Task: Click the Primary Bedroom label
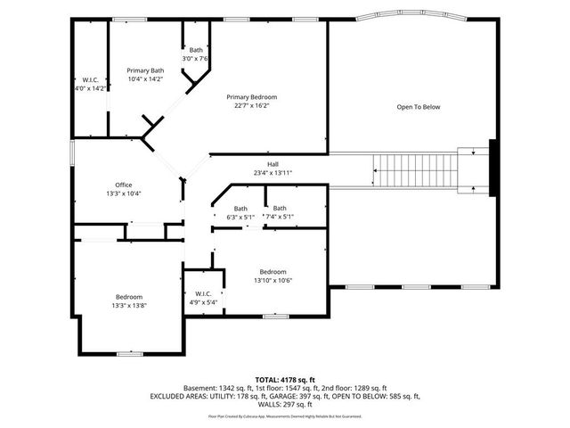click(x=251, y=96)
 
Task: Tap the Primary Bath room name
click(x=144, y=70)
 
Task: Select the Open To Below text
click(x=418, y=107)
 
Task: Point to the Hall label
click(x=273, y=164)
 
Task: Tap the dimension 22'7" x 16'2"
click(x=251, y=105)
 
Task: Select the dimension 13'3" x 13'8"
click(x=128, y=306)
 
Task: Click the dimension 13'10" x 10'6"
click(x=273, y=280)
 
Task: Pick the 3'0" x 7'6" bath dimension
click(x=195, y=59)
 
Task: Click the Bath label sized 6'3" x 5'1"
click(x=240, y=208)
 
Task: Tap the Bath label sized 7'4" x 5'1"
click(x=279, y=208)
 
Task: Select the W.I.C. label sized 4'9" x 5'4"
click(x=201, y=293)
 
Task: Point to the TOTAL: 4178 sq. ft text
click(x=285, y=379)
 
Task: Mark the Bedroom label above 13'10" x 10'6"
click(x=273, y=271)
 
